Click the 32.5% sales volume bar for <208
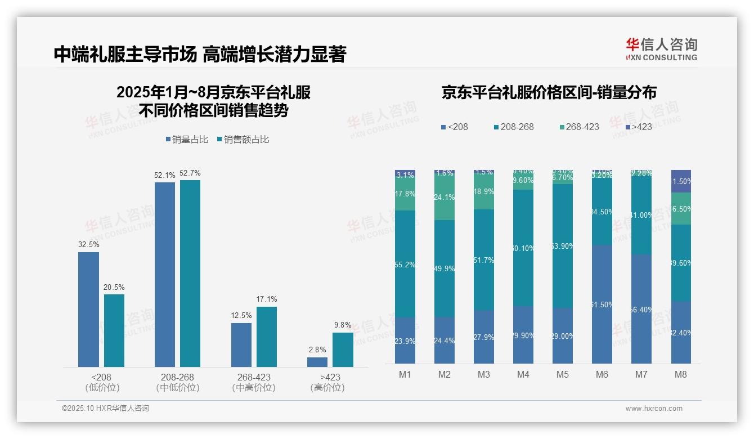[x=88, y=310]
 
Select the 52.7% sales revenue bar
[x=190, y=274]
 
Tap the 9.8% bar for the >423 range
[x=343, y=350]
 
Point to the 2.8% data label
[x=317, y=350]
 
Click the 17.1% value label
[x=267, y=299]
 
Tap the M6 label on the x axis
[x=602, y=374]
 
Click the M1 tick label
[x=405, y=374]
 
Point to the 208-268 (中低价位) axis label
[x=178, y=382]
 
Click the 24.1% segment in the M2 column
[x=445, y=197]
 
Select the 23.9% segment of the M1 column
[x=405, y=341]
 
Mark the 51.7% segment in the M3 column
[x=484, y=260]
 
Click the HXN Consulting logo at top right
[x=661, y=49]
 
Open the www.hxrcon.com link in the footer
[x=653, y=409]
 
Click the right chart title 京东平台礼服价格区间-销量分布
[x=549, y=93]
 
